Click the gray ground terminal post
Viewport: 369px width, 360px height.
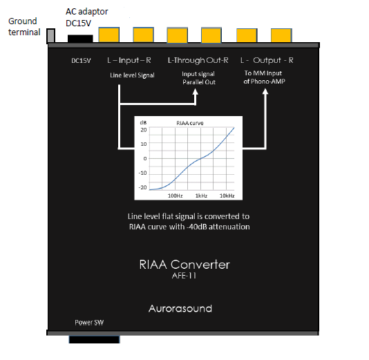tap(50, 36)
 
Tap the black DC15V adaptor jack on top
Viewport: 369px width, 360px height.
tap(80, 39)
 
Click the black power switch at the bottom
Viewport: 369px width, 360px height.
tap(95, 339)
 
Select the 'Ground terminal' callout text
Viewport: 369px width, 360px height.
tap(24, 26)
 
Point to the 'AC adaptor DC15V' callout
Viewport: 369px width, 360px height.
tap(86, 17)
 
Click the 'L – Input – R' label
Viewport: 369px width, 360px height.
tap(129, 61)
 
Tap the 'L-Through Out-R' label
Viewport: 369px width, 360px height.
tap(198, 61)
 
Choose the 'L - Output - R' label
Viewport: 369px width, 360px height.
tap(267, 61)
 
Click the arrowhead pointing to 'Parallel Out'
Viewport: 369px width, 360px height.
tap(195, 92)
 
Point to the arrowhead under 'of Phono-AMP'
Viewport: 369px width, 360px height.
tap(265, 91)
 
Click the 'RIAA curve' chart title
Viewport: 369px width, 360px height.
tap(189, 123)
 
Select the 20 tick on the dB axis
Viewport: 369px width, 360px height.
tap(144, 130)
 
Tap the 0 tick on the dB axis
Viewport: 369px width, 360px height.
tap(145, 159)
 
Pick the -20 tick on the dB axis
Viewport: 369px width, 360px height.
tap(142, 187)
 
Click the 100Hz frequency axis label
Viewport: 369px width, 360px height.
tap(175, 196)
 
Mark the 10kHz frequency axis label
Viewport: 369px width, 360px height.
tap(227, 196)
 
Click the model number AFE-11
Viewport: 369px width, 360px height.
tap(184, 276)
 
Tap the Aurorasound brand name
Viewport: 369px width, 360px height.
tap(180, 308)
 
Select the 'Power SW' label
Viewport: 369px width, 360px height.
tap(89, 323)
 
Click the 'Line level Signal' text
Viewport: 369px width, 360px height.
tap(132, 75)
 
